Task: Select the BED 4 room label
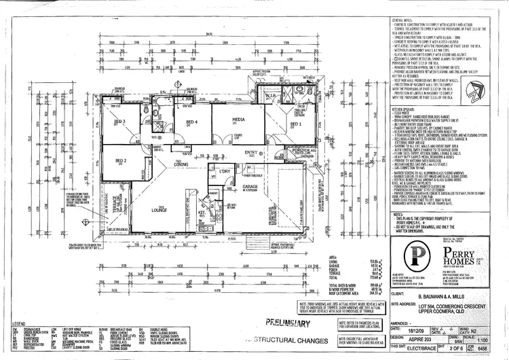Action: [x=191, y=123]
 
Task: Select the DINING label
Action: [x=181, y=165]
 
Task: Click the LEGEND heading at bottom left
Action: [x=17, y=324]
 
